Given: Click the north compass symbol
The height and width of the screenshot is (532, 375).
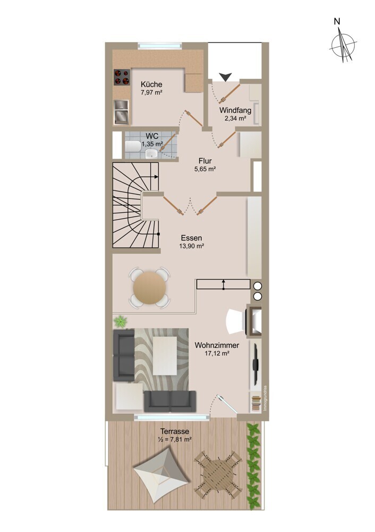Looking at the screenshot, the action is [343, 45].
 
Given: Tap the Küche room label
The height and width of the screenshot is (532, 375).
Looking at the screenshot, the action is [151, 84].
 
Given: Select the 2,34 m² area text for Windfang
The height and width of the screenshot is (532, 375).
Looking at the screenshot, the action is [235, 119].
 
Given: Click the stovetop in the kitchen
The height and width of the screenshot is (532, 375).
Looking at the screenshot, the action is [122, 77].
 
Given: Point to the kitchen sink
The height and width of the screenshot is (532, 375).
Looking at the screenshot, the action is [121, 112].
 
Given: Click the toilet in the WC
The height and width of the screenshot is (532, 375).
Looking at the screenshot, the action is [133, 146].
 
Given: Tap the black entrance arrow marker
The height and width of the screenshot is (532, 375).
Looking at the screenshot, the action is [225, 77].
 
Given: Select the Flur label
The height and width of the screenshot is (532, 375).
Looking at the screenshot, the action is [205, 161].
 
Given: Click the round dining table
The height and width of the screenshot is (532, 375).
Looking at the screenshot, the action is [149, 288].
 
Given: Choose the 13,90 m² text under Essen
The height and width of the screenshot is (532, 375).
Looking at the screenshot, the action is [191, 246].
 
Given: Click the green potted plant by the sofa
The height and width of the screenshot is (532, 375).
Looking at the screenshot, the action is [120, 321].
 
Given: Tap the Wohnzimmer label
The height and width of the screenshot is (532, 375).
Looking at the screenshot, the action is [217, 345].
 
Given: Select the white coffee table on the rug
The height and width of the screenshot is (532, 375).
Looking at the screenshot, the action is [165, 355].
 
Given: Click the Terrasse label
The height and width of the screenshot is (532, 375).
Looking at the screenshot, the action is [175, 431].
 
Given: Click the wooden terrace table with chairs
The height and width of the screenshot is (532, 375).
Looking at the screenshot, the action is [218, 475].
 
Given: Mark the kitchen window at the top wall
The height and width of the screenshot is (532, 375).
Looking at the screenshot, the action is [160, 46].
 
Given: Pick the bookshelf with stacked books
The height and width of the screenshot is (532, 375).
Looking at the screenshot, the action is [256, 402].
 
